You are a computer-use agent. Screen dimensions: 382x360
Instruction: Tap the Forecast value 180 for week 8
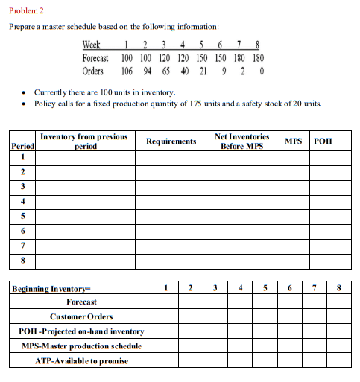[258, 57]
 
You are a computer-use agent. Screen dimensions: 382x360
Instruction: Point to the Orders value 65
[165, 71]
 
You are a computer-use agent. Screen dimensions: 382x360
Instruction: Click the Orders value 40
[184, 71]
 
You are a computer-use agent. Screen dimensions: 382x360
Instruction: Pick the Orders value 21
[203, 71]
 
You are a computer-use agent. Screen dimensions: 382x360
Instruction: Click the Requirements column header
[171, 141]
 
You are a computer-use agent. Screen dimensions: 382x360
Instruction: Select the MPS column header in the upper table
[293, 141]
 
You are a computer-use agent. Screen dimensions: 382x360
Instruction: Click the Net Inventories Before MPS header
[241, 141]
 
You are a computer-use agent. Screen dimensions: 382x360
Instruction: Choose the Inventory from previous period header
[83, 141]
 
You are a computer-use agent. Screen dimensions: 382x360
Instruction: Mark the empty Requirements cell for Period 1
[171, 158]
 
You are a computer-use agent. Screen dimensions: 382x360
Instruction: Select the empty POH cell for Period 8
[329, 262]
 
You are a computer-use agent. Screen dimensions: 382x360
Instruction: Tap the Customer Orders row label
[82, 316]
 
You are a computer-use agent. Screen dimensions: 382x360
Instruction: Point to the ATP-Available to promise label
[82, 360]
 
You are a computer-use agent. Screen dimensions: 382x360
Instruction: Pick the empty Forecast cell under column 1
[168, 302]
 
